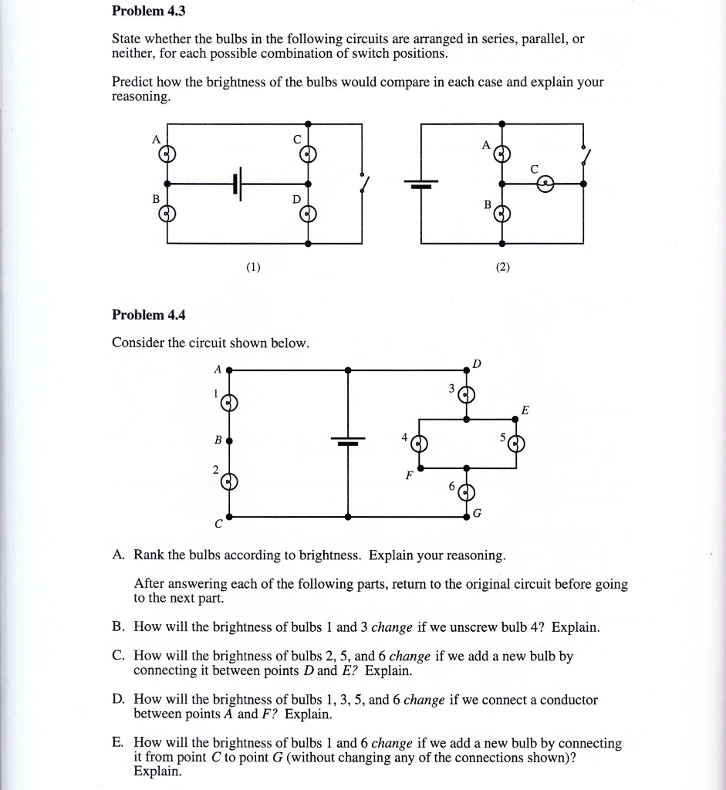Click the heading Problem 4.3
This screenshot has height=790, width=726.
(x=149, y=12)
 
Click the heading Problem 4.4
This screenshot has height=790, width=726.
(x=149, y=315)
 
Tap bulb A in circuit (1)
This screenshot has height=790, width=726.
(x=167, y=154)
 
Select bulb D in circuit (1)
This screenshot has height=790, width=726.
(x=308, y=213)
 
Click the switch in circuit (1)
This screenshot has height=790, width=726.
(x=363, y=183)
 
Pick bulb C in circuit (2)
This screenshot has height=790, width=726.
(x=546, y=184)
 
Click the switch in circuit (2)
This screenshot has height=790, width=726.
(x=586, y=157)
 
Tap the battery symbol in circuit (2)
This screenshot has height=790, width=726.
(x=422, y=184)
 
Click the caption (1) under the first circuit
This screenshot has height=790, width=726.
(x=253, y=268)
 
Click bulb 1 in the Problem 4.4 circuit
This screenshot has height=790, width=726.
(x=230, y=403)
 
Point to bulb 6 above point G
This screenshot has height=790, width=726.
(x=466, y=492)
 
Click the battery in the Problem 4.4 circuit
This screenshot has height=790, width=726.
(x=348, y=441)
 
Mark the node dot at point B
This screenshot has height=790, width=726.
(x=230, y=441)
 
